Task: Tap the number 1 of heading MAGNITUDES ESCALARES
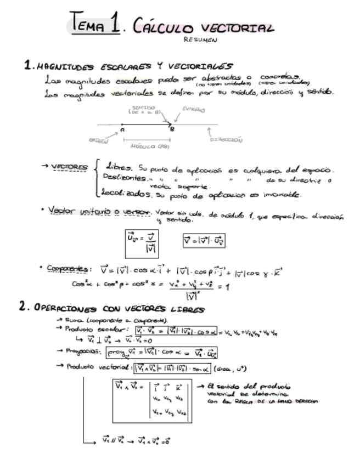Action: click(27, 66)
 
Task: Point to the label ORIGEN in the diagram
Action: click(99, 141)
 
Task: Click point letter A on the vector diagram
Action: click(122, 130)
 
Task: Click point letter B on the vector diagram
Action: click(172, 130)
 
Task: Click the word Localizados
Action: click(128, 195)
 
